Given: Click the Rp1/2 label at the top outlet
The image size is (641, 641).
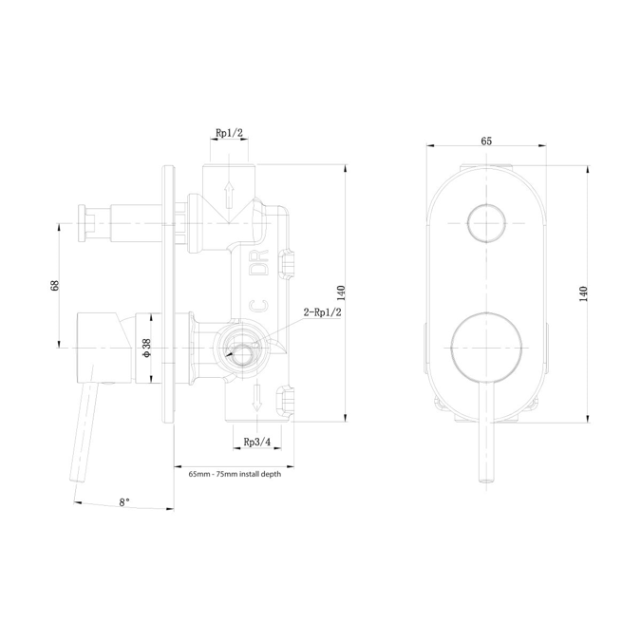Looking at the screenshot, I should [x=229, y=133].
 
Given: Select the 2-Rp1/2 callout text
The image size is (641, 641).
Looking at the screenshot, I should [x=322, y=311].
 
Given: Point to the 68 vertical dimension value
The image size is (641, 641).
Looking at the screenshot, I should [x=55, y=286].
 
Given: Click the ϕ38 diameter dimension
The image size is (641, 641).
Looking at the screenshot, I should [x=146, y=349].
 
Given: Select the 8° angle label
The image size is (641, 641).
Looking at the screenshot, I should [x=124, y=501].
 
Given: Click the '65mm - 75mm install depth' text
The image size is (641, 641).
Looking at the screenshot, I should [x=234, y=474].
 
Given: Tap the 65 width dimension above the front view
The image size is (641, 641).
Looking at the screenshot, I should [x=486, y=141].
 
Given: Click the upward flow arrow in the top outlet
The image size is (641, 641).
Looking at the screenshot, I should [x=228, y=194].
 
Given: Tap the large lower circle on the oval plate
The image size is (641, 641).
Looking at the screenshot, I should [x=486, y=347].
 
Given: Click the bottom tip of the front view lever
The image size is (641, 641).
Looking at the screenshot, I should [x=486, y=481].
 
